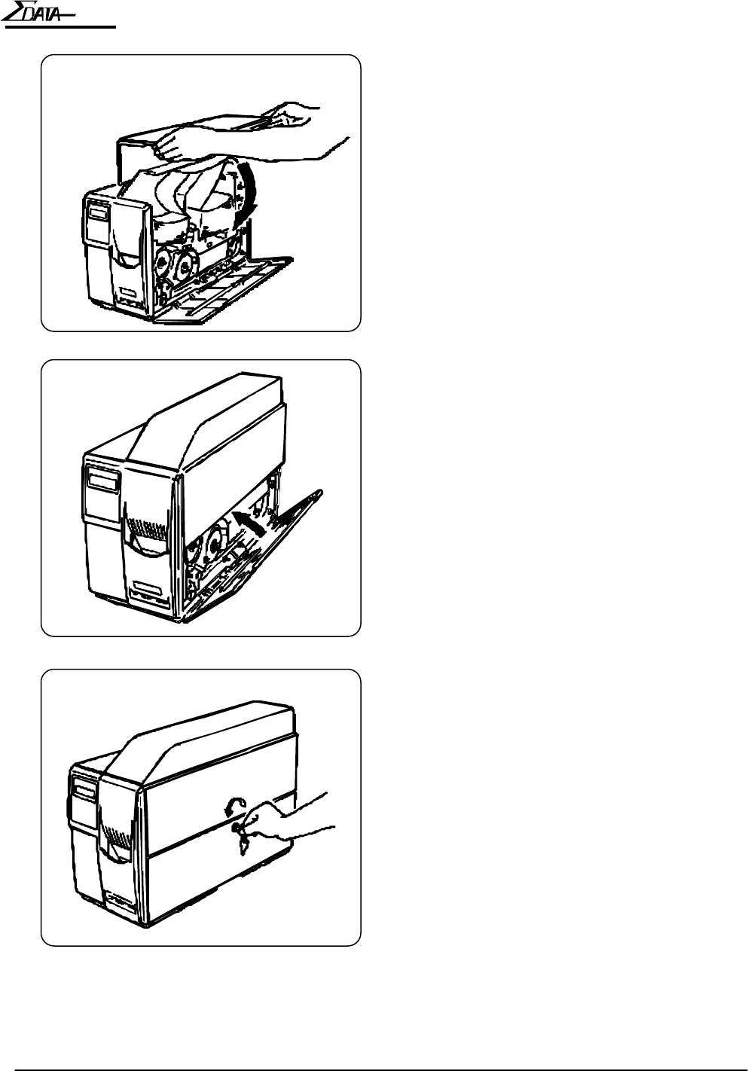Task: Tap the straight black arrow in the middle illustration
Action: click(248, 523)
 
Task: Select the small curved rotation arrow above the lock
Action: click(235, 806)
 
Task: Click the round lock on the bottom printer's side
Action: click(237, 828)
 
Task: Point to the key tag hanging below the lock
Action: click(243, 847)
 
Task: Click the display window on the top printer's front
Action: click(99, 211)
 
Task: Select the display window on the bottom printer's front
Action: click(84, 792)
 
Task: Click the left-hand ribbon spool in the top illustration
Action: click(163, 264)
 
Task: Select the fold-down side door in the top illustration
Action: click(224, 288)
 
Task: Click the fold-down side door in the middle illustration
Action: click(254, 557)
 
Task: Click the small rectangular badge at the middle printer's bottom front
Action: click(148, 586)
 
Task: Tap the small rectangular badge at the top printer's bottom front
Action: click(129, 291)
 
